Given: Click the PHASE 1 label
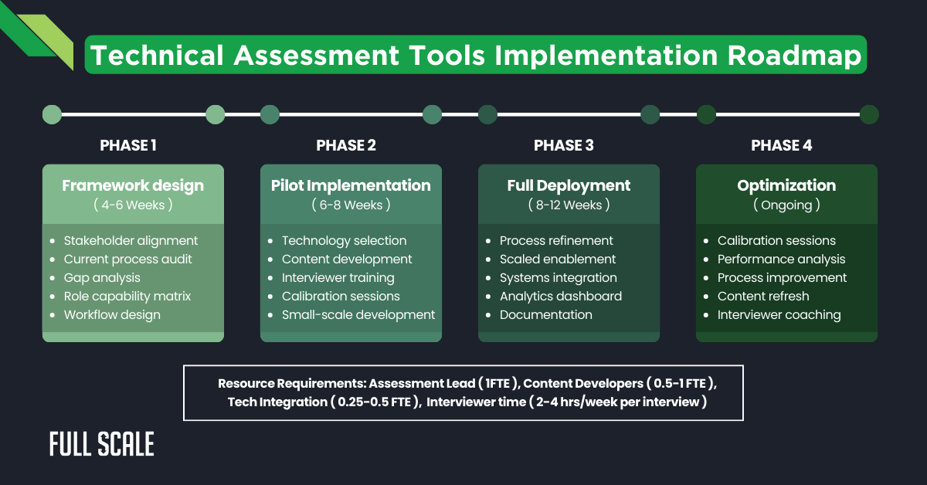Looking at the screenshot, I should (128, 145).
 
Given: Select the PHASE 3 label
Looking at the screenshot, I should (564, 145).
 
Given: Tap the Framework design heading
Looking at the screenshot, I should (133, 185).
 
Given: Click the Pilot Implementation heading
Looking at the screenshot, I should (351, 185).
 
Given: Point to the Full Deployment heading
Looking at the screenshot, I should (569, 185).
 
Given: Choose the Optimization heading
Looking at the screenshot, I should (786, 185).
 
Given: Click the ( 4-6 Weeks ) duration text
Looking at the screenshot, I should (133, 205).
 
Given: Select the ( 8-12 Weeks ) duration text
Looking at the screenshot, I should (569, 205).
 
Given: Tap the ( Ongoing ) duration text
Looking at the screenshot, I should (786, 205).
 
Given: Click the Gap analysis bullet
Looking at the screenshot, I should (102, 277).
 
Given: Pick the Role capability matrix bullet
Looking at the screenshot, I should (127, 296).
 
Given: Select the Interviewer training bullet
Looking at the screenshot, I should (338, 277).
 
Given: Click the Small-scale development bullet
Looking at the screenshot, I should (358, 314).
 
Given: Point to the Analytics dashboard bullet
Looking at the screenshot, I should (560, 296).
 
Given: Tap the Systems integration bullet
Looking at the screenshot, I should (558, 277).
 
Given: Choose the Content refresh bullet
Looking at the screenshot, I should (763, 296).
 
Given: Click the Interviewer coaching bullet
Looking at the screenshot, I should (779, 314).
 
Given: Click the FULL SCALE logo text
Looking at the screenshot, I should (102, 444).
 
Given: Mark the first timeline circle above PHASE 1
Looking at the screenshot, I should (52, 115).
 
